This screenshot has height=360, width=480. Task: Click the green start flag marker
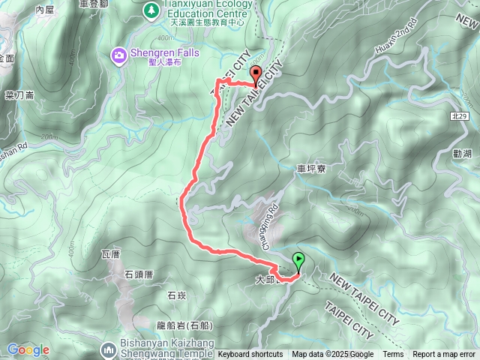[x=299, y=262]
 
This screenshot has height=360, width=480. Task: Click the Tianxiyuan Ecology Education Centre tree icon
[x=151, y=10]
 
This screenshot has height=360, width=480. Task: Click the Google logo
[x=28, y=349]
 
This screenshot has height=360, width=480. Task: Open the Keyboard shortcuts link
[x=250, y=355]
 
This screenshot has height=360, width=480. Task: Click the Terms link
[x=393, y=355]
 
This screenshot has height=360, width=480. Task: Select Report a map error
[x=445, y=355]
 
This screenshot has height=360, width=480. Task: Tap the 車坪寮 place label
[x=310, y=169]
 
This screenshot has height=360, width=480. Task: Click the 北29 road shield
[x=460, y=117]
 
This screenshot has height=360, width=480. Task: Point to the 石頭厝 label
[x=139, y=274]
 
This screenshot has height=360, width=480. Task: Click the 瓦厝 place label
[x=110, y=255]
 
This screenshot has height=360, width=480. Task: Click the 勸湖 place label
[x=463, y=154]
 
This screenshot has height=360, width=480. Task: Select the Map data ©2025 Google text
[x=333, y=355]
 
